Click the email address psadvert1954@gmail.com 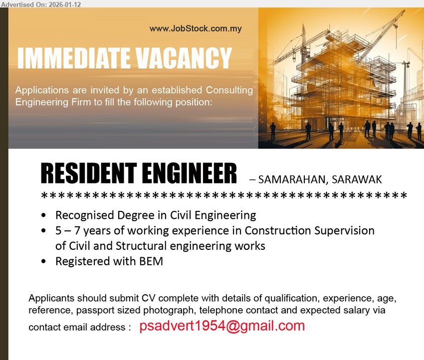(x=222, y=326)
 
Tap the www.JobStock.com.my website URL (x=196, y=28)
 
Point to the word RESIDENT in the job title (x=87, y=174)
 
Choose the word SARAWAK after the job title (x=357, y=179)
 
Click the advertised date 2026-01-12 (x=65, y=4)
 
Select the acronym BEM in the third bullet (x=151, y=261)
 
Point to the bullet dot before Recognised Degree (x=45, y=216)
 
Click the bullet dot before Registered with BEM (x=45, y=261)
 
